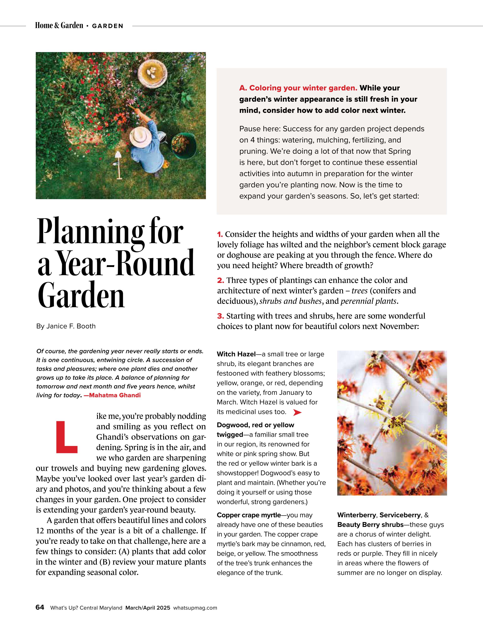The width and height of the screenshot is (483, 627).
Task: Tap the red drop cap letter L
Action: click(x=67, y=437)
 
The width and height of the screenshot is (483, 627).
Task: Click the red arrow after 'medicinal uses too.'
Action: click(x=297, y=412)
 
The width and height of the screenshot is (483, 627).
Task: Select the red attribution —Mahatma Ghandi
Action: click(x=112, y=395)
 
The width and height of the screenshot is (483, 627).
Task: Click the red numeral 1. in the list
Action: click(x=220, y=235)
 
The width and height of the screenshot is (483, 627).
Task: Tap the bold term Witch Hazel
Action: click(x=236, y=354)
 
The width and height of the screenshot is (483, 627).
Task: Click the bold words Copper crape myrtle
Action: click(x=249, y=515)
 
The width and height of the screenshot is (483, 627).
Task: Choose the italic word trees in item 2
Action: click(x=360, y=291)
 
